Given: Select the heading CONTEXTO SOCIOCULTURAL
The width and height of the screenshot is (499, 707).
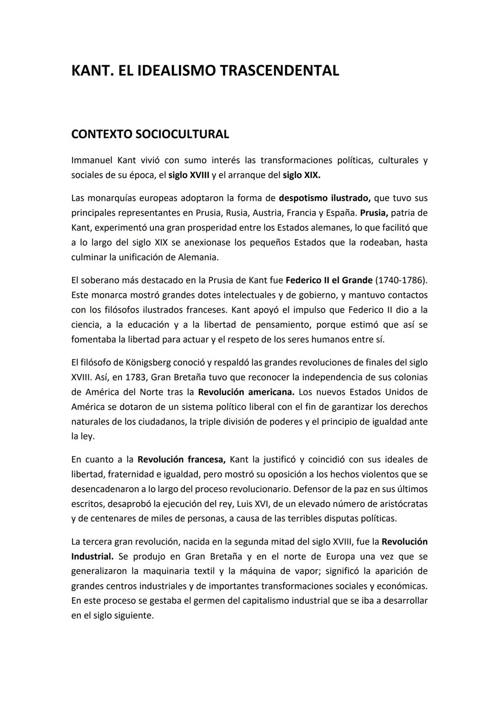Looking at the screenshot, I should point(150,134).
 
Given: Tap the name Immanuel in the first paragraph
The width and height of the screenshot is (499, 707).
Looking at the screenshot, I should point(91,161).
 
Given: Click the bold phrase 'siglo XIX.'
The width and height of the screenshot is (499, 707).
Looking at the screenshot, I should point(301,175).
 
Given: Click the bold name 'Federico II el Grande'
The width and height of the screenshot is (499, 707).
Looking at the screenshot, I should point(329,280).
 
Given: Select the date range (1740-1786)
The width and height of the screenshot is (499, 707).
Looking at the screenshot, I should point(401,280).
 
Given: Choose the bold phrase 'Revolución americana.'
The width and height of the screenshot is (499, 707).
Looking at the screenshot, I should point(246,392).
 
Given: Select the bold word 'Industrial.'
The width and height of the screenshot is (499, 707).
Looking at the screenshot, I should point(92,557).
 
